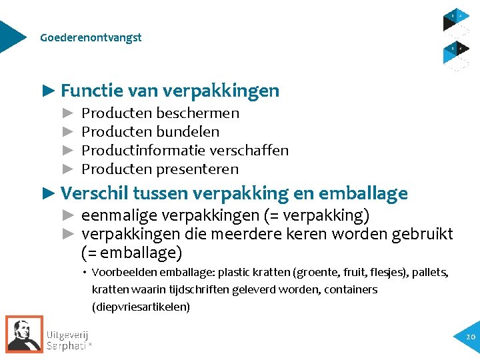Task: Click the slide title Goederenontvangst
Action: (x=91, y=37)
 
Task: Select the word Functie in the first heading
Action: (x=85, y=90)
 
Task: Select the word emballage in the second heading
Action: (x=363, y=193)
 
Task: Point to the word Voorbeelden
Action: (x=120, y=273)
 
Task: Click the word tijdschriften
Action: (x=199, y=290)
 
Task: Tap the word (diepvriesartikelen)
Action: (x=141, y=307)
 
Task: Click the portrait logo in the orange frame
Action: (x=25, y=334)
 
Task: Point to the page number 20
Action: (x=471, y=337)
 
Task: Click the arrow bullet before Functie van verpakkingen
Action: (x=49, y=90)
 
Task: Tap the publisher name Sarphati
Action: (x=67, y=346)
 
